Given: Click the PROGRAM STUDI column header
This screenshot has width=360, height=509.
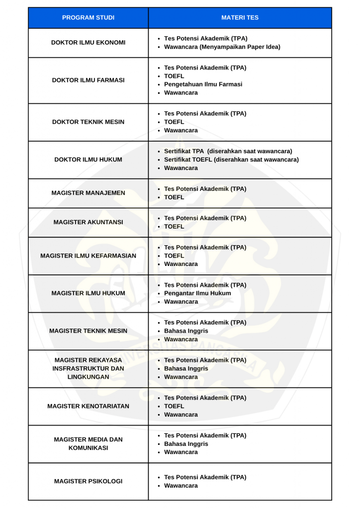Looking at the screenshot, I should point(88,18).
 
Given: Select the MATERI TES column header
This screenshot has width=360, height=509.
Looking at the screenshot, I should point(240,18).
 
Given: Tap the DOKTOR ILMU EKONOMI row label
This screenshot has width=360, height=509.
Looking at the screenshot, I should point(88,43).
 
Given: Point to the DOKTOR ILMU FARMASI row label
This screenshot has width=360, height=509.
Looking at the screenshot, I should point(88,80).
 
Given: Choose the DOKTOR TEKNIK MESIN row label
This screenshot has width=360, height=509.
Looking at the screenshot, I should point(88,122).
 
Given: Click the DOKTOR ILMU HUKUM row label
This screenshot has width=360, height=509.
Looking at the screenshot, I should point(88,160).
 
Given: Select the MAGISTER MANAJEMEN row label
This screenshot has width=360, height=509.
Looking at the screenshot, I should point(88,193).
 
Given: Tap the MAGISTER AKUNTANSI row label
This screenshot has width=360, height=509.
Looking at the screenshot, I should point(88,222).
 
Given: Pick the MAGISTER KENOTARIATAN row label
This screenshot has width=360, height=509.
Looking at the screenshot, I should point(88,406).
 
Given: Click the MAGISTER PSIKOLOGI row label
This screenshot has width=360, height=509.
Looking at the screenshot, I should point(88,481).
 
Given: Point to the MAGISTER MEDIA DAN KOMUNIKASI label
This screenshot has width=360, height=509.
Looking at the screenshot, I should point(88,443).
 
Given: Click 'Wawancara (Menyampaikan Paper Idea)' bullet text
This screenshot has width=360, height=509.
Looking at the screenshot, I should point(222,47).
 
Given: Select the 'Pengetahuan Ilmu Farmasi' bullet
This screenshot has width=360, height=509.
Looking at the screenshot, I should point(203,85).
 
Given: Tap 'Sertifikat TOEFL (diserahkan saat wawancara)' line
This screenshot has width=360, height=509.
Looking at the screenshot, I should point(231,160).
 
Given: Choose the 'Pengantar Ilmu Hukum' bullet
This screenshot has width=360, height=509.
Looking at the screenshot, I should point(197,293).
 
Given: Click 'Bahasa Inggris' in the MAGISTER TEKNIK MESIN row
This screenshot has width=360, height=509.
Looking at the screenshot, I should point(186,331).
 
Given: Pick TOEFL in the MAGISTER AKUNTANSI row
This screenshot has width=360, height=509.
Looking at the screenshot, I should point(174,227).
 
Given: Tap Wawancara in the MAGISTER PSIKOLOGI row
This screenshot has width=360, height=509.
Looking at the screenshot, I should point(180,486).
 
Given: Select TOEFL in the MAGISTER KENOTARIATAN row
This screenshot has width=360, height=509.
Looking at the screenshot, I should point(174,406).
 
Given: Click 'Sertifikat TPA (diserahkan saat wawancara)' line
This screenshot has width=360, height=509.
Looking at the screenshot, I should point(228,151).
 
